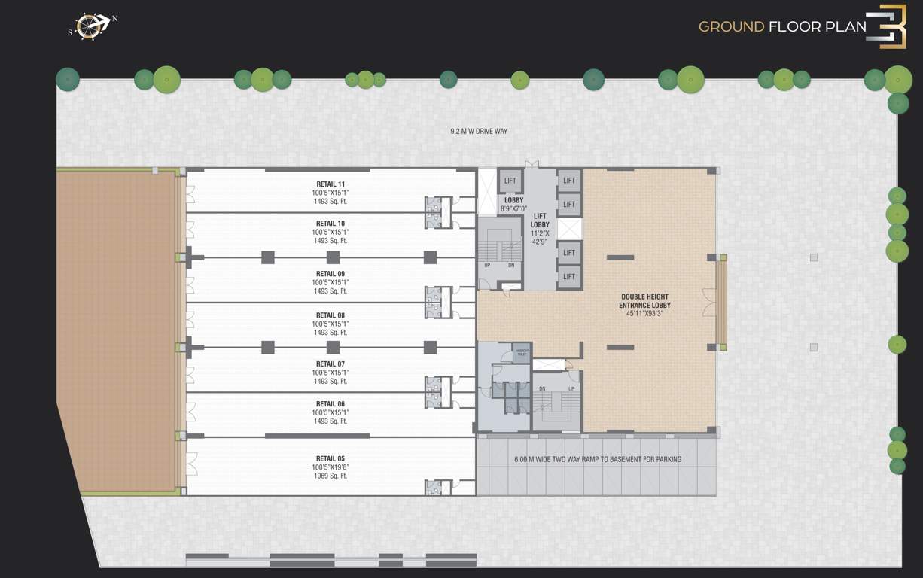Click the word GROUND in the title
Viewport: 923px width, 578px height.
coord(731,27)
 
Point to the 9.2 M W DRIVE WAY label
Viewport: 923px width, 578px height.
coord(479,132)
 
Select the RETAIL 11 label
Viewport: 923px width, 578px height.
coord(331,184)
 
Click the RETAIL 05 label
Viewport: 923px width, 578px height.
coord(331,458)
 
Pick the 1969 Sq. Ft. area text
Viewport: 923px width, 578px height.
coord(331,476)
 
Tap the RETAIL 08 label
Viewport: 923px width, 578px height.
coord(331,315)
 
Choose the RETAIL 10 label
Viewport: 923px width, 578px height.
coord(331,224)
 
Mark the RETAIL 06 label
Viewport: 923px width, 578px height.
coord(331,404)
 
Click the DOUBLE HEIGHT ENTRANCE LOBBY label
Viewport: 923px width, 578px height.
coord(644,301)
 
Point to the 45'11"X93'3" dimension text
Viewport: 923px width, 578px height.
coord(644,314)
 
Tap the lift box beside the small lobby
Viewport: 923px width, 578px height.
coord(510,181)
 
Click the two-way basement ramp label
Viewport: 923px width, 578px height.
coord(598,459)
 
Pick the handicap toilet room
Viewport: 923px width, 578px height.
coord(521,353)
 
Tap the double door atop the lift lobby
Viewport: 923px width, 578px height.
coord(532,164)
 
